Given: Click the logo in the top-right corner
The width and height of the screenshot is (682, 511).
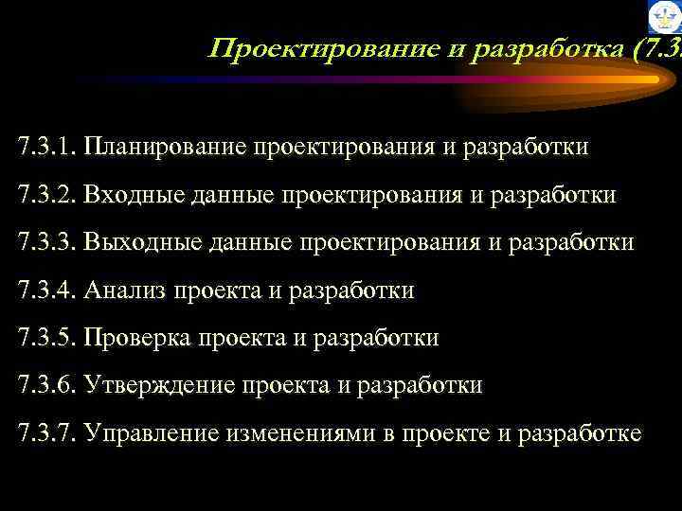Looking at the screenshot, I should point(665,18).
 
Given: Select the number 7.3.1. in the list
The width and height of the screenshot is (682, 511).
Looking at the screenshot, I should point(46,148).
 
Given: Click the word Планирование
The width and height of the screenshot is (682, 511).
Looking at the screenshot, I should point(162,148).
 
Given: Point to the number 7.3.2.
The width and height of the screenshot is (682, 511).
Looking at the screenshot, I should point(46,195).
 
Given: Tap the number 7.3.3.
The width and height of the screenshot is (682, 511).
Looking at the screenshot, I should point(46,243).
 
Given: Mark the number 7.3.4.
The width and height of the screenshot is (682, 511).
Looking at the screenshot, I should point(46,291).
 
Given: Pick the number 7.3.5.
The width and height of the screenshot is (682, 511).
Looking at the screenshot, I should point(46,338).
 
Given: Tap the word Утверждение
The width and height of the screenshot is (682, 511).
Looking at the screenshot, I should point(158,386).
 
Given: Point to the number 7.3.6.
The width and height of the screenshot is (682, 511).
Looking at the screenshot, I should point(46,386).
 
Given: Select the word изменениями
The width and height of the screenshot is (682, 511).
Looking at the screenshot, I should point(300,434).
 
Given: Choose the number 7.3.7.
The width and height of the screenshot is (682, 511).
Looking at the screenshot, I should point(46,434).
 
